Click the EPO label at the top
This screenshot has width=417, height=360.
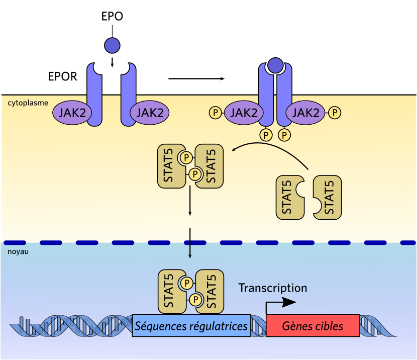coord(112,17)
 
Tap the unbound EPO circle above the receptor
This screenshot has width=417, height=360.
coord(112,45)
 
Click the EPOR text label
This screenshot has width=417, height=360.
coord(62,77)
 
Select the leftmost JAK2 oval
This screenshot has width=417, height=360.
coord(71,112)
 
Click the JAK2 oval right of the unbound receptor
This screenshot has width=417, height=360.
coord(149,112)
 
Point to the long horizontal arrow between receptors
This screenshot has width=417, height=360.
coord(196,78)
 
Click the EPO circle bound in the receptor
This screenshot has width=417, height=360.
coord(275,65)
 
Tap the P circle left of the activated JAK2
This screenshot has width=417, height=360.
coord(215,112)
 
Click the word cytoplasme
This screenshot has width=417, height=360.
coord(28,103)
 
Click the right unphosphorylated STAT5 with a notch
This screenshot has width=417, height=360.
coord(327,197)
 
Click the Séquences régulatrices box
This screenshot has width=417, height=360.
coord(191,326)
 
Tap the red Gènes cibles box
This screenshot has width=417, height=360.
coord(312,326)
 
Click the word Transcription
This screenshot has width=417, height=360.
coord(272,288)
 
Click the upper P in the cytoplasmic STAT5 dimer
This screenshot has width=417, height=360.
coord(186,158)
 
